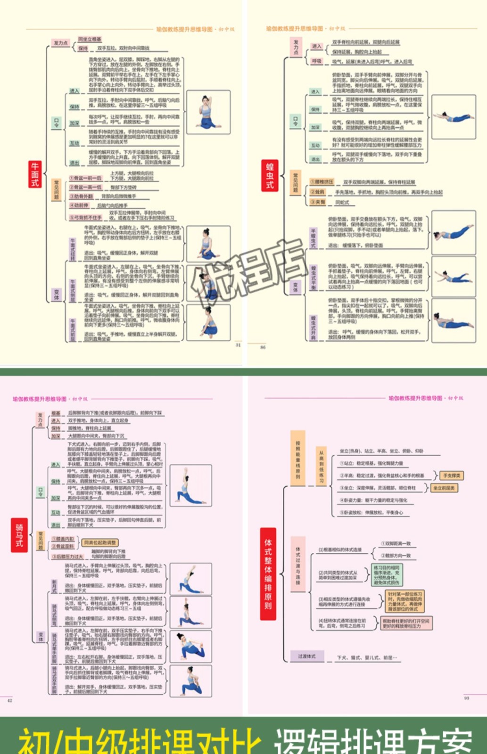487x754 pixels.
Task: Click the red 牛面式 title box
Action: [35, 174]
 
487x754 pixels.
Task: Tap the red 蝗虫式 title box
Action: [270, 175]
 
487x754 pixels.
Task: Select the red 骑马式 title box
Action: [19, 535]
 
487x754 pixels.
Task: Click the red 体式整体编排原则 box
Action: [268, 574]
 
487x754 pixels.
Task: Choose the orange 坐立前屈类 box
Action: [444, 488]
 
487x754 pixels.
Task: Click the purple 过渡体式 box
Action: [306, 656]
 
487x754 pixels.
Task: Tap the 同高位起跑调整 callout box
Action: [99, 543]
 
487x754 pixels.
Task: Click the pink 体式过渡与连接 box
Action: [297, 565]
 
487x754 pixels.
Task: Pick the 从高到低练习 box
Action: [321, 466]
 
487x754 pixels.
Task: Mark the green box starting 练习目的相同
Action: [386, 575]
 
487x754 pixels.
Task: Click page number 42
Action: [9, 701]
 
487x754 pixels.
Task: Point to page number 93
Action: [466, 698]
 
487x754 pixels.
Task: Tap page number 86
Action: [263, 347]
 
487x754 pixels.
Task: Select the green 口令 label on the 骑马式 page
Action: [41, 492]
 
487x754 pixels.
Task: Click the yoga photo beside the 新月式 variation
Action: [190, 578]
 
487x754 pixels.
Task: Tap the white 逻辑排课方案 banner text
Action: [373, 741]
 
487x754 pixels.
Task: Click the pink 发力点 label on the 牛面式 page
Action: [60, 43]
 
